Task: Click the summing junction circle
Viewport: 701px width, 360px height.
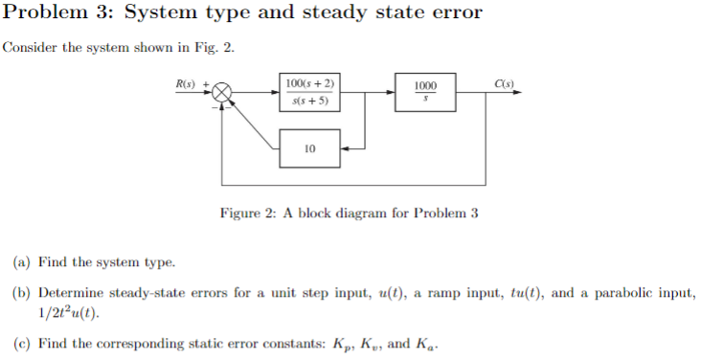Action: point(221,92)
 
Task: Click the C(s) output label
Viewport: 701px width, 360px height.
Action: point(505,83)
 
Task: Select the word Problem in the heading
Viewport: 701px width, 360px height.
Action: point(45,14)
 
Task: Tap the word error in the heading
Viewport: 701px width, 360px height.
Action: point(456,14)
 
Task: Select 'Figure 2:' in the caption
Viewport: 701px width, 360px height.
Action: point(248,213)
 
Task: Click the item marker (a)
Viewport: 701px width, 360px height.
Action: point(20,261)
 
